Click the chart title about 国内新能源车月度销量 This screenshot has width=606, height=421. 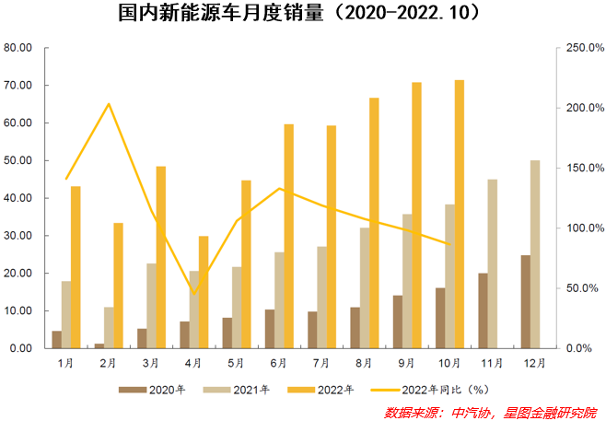point(304,16)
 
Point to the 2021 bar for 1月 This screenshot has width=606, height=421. point(66,314)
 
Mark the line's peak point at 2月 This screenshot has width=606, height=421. point(109,104)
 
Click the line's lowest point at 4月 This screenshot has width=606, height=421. point(193,293)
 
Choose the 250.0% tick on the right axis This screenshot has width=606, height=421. point(582,48)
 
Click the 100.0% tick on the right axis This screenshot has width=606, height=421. point(582,228)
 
